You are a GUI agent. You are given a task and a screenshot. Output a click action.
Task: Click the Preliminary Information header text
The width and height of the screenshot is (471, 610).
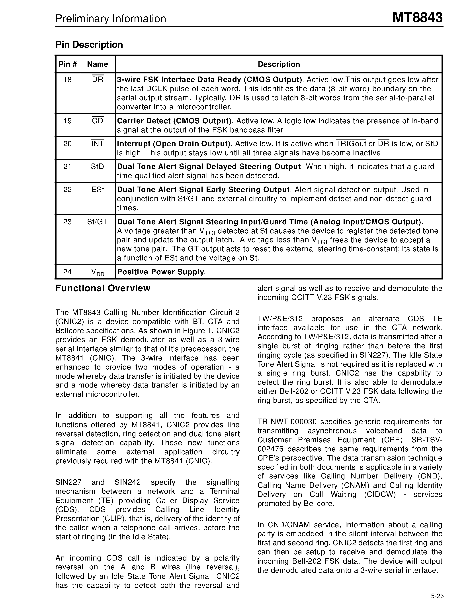pos(111,19)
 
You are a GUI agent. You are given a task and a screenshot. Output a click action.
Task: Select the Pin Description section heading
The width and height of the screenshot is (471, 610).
pos(89,45)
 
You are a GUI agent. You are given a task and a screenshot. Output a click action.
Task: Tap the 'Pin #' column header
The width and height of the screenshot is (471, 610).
pos(68,64)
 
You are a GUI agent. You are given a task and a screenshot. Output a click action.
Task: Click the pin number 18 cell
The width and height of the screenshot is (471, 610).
pos(68,80)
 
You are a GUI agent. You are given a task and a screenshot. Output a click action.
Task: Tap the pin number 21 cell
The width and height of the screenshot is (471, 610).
pos(68,167)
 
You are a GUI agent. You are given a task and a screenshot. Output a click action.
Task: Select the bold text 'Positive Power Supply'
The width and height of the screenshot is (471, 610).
pos(160,272)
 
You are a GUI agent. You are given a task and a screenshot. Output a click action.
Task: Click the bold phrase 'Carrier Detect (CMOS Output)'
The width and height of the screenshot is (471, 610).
pos(174,121)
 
